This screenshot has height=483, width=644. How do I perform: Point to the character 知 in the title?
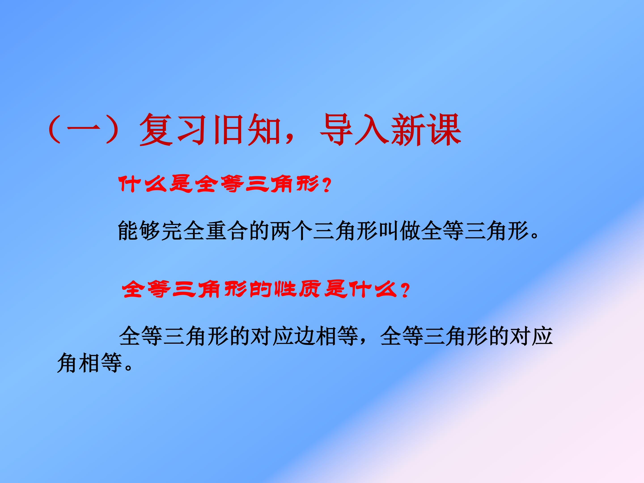tap(263, 130)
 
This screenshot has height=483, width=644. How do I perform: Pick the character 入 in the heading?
tap(373, 130)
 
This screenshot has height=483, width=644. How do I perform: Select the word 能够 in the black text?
tap(139, 231)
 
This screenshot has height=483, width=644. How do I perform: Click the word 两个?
tap(292, 231)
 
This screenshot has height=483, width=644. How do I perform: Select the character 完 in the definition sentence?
tap(172, 231)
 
